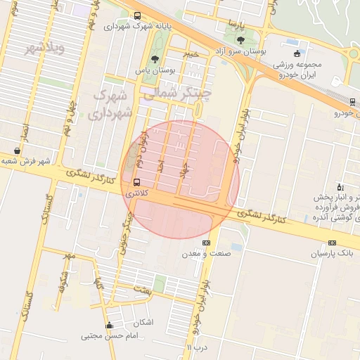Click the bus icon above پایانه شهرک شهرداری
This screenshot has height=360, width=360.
136,15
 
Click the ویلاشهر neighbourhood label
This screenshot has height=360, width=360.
44,48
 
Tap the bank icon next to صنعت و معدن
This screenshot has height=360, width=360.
206,243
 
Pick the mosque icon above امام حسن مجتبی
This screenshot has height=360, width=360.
109,326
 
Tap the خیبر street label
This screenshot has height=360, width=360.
192,53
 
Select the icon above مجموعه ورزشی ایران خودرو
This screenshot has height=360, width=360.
297,53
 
